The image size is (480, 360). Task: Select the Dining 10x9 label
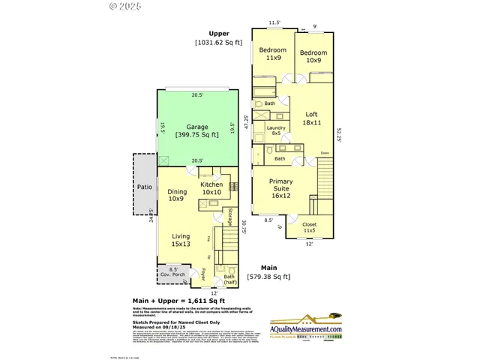tap(177, 195)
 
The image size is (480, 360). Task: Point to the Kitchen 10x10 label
tap(211, 188)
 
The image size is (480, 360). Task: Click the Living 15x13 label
tap(181, 240)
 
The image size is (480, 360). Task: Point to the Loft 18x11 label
tap(311, 118)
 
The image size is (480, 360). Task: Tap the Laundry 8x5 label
tap(277, 131)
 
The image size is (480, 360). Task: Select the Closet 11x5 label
tap(309, 227)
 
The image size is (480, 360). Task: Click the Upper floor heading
tap(220, 34)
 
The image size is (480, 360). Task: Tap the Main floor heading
tap(268, 268)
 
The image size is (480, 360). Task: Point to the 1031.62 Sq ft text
tap(220, 43)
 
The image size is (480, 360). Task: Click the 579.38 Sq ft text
tap(268, 277)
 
